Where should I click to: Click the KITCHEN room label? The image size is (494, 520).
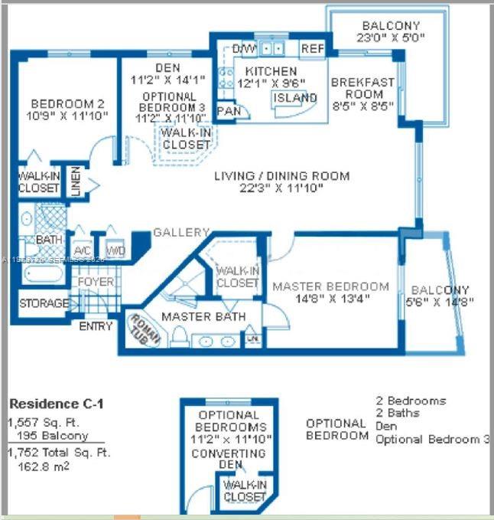pyautogui.click(x=265, y=71)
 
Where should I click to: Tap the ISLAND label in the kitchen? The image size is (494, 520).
pyautogui.click(x=295, y=98)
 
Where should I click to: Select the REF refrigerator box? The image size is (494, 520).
pyautogui.click(x=312, y=48)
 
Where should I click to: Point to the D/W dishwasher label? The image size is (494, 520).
pyautogui.click(x=245, y=49)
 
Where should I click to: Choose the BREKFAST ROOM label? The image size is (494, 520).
pyautogui.click(x=362, y=89)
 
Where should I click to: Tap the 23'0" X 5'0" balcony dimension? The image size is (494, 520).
pyautogui.click(x=391, y=38)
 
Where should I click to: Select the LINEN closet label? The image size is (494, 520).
pyautogui.click(x=76, y=182)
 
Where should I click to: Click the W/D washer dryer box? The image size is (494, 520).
pyautogui.click(x=115, y=250)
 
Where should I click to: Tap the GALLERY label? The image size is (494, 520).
pyautogui.click(x=181, y=232)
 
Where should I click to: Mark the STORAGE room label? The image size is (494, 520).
pyautogui.click(x=44, y=303)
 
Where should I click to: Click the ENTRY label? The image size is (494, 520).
pyautogui.click(x=96, y=326)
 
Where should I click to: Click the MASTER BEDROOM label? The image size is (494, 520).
pyautogui.click(x=330, y=286)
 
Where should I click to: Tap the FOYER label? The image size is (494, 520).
pyautogui.click(x=96, y=282)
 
